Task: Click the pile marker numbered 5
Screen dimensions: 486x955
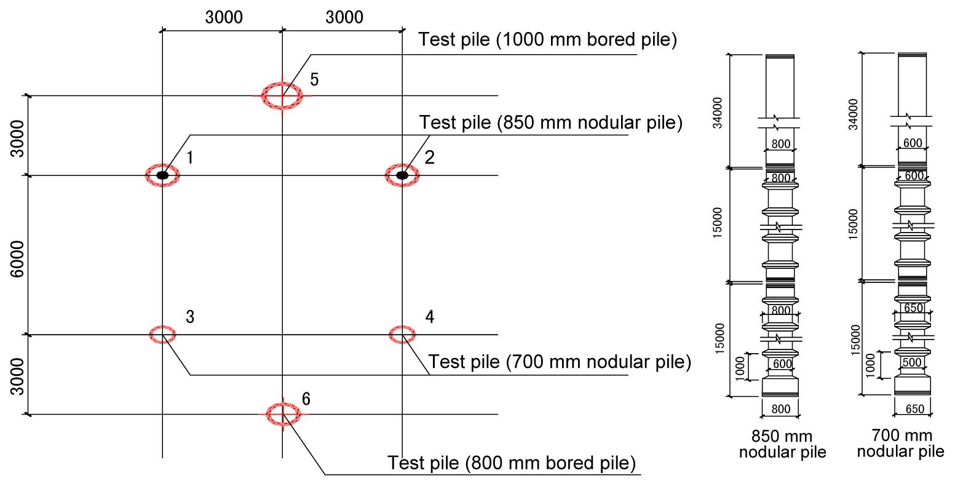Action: tap(282, 95)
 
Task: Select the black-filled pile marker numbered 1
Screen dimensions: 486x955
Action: tap(162, 175)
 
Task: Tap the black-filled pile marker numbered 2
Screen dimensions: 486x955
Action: tap(402, 175)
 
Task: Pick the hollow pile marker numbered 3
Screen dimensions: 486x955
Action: tap(162, 334)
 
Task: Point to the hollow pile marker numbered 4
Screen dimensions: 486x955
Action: tap(402, 334)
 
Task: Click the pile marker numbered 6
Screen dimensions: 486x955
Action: tap(283, 414)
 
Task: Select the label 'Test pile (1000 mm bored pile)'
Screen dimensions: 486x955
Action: tap(547, 40)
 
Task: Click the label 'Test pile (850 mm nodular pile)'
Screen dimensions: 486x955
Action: tap(551, 122)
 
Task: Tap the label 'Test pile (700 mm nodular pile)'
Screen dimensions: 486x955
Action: tap(560, 361)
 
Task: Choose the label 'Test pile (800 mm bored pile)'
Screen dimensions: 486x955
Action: tap(512, 463)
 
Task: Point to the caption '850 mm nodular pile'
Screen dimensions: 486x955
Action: tap(782, 445)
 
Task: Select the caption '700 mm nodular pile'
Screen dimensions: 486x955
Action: tap(901, 444)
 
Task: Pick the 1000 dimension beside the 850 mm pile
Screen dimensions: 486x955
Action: tap(740, 368)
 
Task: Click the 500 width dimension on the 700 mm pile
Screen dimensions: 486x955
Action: tap(912, 362)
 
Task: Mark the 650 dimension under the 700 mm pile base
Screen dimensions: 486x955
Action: tap(915, 410)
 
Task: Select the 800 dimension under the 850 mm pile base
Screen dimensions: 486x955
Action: tap(780, 409)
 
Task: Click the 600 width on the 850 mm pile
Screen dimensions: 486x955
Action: tap(782, 364)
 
